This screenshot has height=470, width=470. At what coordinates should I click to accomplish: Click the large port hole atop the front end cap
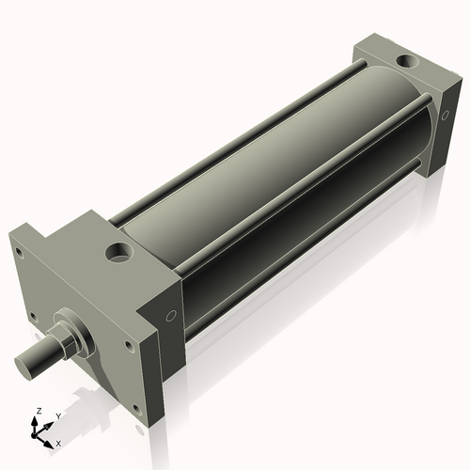coord(121,253)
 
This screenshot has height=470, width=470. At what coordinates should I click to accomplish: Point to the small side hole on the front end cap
coord(171,317)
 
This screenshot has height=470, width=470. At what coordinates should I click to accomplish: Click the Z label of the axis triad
coord(37,412)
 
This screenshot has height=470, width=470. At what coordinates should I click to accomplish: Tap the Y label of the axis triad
coord(57,415)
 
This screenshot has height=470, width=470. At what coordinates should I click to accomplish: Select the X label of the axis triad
coord(58,442)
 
